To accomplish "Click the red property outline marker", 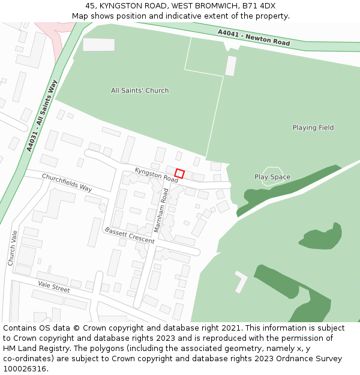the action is point(179,173).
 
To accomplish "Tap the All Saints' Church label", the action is point(140,91).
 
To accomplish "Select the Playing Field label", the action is point(313,128).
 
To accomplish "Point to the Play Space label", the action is point(272,177).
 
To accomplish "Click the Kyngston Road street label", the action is point(157,175).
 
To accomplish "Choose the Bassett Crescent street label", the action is point(129,235).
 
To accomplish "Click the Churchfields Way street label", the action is point(67,182).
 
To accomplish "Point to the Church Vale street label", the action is point(12,247).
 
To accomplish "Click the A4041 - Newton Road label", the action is point(254,38).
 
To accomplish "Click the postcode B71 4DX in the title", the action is point(259,6).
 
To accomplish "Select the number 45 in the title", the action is point(89,6).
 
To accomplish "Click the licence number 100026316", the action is point(24,369).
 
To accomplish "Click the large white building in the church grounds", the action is point(98,44).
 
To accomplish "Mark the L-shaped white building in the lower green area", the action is point(241,281).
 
